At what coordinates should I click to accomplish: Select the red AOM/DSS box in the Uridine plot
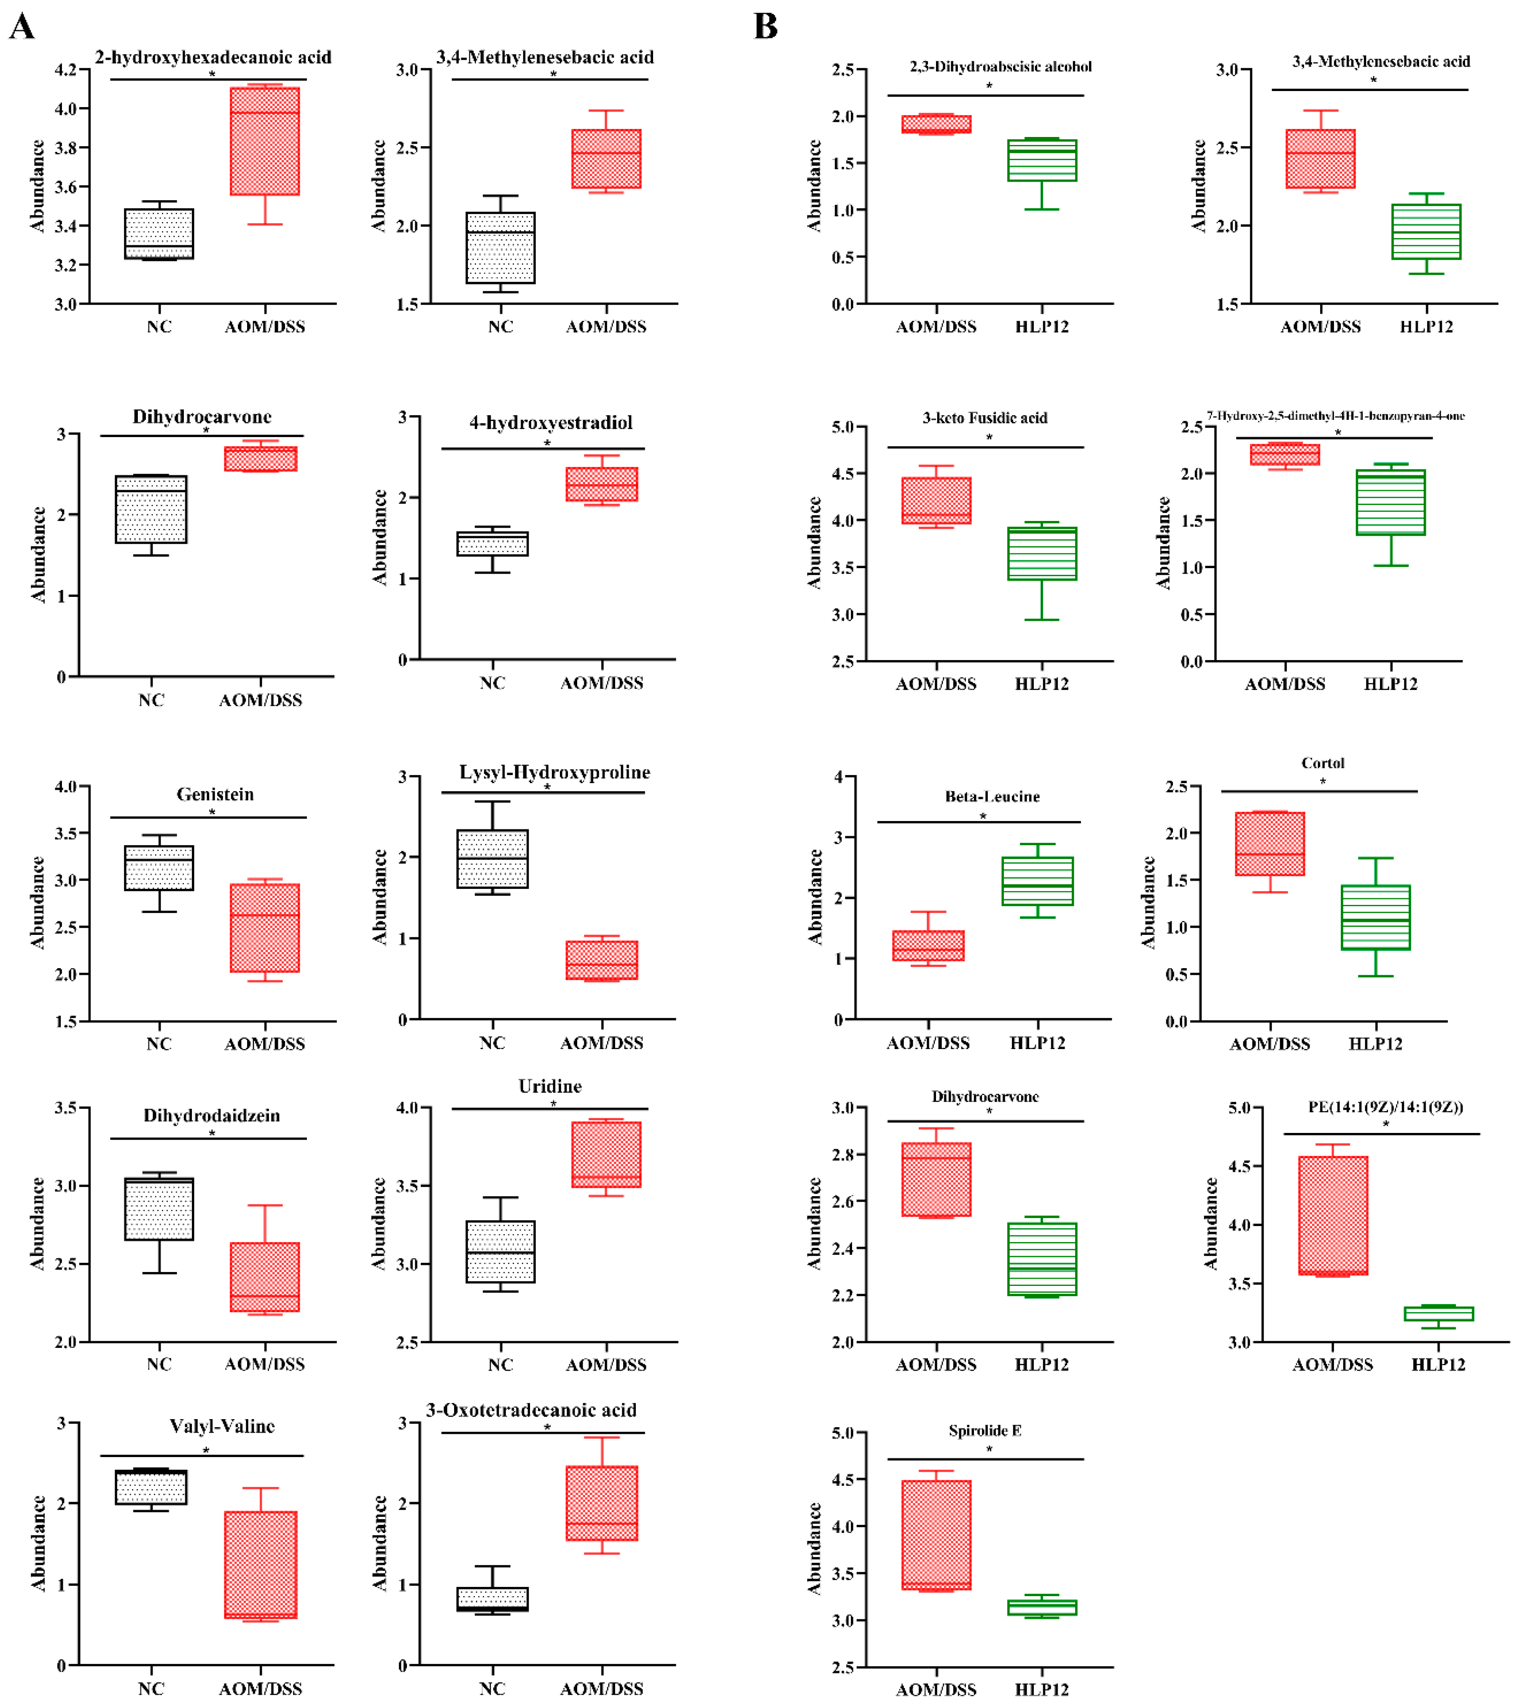click(x=606, y=1154)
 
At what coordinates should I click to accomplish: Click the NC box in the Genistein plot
click(x=159, y=868)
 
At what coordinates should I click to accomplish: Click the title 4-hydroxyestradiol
click(x=551, y=422)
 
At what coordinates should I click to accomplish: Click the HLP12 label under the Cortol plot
click(x=1375, y=1044)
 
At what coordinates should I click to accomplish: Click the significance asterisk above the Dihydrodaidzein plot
click(x=212, y=1133)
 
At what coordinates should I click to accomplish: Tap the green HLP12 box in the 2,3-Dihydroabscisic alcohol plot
click(x=1041, y=160)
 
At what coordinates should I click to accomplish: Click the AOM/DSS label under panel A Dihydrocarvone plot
click(x=261, y=700)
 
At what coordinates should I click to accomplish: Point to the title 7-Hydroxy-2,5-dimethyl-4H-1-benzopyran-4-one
click(x=1336, y=416)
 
